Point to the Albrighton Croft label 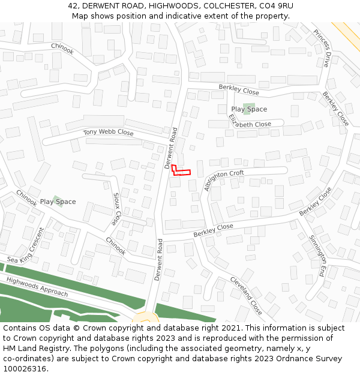click(224, 180)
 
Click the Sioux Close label click(117, 209)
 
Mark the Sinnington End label click(317, 254)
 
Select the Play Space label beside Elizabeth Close click(249, 109)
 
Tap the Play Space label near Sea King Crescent click(58, 202)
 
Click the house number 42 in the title click(73, 5)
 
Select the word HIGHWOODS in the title click(174, 5)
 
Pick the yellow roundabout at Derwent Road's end click(145, 317)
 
